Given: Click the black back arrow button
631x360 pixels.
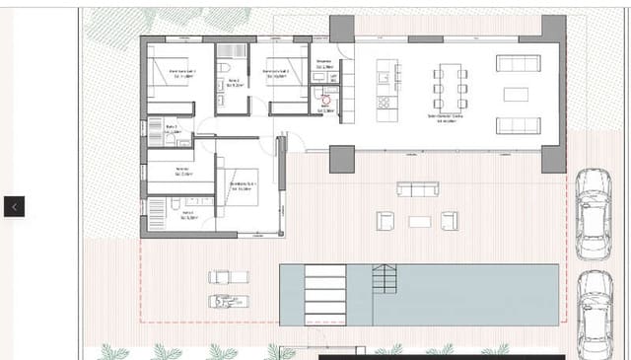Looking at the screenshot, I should pos(14,206).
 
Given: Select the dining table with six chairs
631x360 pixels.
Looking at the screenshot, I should pos(450,87).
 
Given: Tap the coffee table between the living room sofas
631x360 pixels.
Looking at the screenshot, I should pos(517,95).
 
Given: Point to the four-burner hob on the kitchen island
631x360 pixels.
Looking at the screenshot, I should pos(384,101).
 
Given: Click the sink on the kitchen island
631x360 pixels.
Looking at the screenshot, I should pos(384,71).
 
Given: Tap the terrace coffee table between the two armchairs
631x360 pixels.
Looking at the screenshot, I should pos(420,221).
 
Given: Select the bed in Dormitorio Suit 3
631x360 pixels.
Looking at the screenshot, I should pos(165,75).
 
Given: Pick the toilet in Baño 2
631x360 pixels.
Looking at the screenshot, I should pos(225,66).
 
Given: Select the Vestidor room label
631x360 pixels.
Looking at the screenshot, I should pos(181,170).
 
